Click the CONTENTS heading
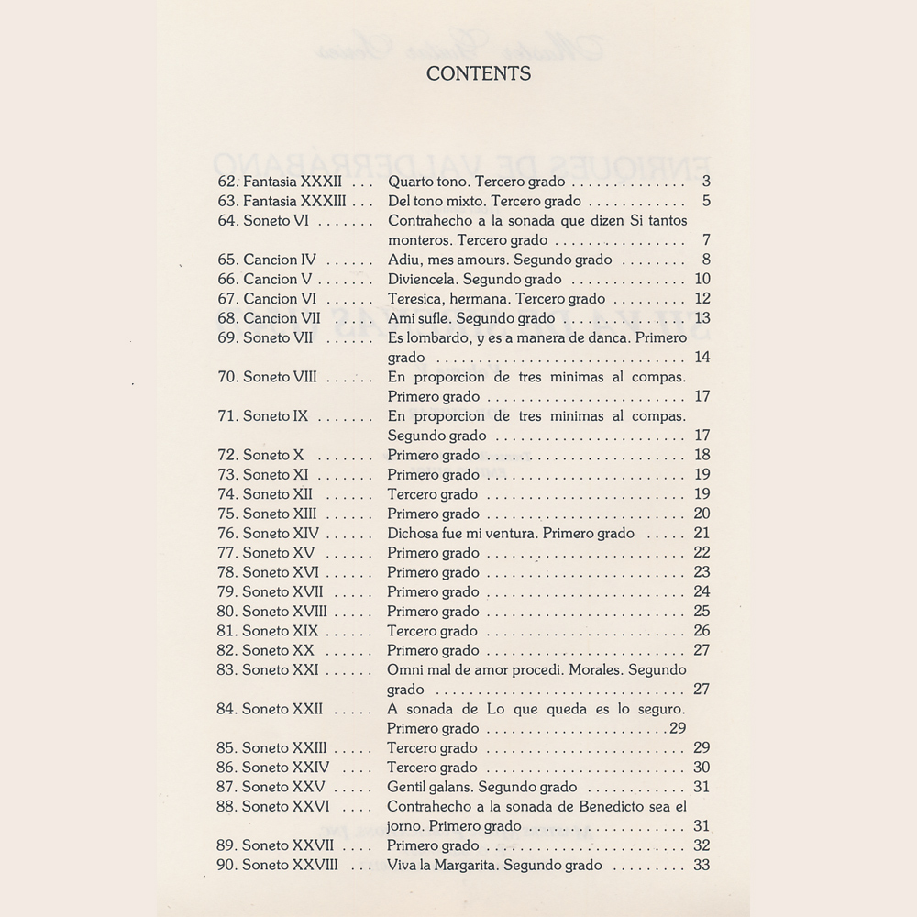click(x=478, y=74)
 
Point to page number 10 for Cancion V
click(x=702, y=279)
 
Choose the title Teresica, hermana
click(x=445, y=298)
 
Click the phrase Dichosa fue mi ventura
click(x=460, y=533)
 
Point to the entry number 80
click(x=227, y=611)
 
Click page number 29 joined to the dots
click(x=678, y=729)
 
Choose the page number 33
click(x=702, y=865)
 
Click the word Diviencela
click(x=421, y=279)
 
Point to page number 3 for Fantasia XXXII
click(x=706, y=182)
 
